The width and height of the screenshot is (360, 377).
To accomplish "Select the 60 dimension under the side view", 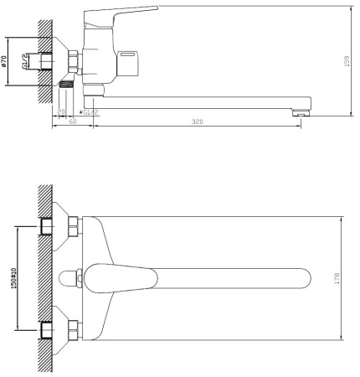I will click(73, 122).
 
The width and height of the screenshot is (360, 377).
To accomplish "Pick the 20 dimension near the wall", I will click(62, 111).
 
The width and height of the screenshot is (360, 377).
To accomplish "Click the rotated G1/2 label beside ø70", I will click(24, 63).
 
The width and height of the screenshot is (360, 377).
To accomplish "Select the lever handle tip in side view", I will click(152, 10).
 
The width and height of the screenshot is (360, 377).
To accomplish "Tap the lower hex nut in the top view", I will click(74, 327).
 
